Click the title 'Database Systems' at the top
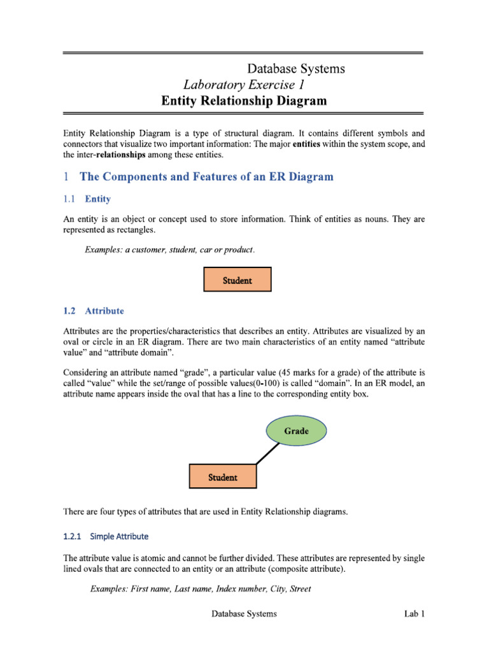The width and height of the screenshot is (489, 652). [x=295, y=69]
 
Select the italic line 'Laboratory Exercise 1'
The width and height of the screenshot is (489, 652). [x=248, y=85]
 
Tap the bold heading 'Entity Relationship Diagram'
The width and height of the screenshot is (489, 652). [x=243, y=101]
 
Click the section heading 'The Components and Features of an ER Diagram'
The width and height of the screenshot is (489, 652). [x=205, y=176]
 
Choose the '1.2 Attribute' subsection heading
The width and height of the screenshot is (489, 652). [x=94, y=311]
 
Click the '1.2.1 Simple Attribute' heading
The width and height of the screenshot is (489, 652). [x=106, y=536]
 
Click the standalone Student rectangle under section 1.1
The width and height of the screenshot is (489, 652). [x=237, y=280]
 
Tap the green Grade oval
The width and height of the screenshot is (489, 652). [x=296, y=431]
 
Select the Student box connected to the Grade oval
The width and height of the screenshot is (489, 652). [x=223, y=477]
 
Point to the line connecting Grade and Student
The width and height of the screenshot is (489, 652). [x=266, y=453]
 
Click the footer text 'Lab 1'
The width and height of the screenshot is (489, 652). [x=413, y=614]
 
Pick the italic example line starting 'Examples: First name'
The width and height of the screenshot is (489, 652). [x=201, y=589]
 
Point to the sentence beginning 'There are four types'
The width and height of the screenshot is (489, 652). [x=206, y=511]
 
